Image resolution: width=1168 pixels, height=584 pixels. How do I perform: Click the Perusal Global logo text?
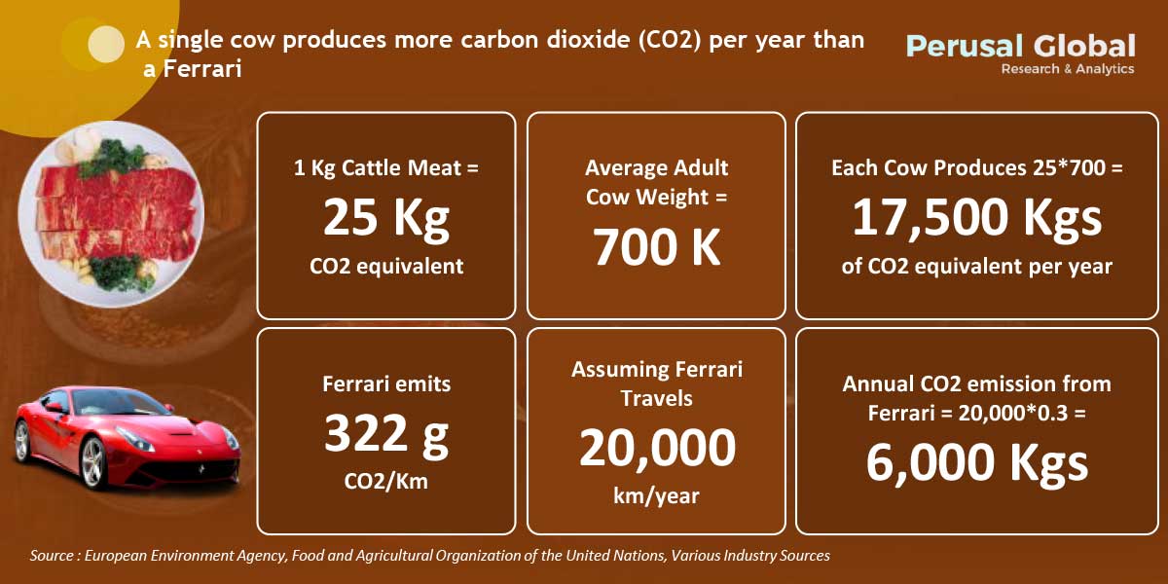click(1020, 46)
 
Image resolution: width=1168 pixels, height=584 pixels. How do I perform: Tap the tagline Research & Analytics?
click(1068, 69)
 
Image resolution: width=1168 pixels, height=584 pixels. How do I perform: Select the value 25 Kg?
click(385, 218)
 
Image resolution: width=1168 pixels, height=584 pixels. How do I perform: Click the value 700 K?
click(656, 247)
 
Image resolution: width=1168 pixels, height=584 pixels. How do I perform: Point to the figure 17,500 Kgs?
click(976, 218)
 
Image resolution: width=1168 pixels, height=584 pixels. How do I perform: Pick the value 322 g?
click(385, 434)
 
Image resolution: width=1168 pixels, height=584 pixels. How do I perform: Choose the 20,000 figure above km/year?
click(657, 448)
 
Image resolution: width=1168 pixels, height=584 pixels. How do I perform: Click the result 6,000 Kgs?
click(976, 463)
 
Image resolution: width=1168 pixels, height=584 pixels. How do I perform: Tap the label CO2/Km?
click(385, 481)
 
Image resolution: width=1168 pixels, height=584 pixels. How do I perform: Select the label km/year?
click(656, 495)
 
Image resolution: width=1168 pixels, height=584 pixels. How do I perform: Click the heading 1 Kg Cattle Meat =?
click(385, 167)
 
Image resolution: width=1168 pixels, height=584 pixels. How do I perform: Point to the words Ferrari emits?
click(385, 384)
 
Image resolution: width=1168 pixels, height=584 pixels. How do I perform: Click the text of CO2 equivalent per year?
click(976, 267)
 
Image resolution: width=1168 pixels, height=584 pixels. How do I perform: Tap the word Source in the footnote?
click(51, 556)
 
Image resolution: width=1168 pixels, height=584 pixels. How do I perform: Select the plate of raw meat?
click(111, 214)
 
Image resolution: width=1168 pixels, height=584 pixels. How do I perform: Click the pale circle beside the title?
click(106, 45)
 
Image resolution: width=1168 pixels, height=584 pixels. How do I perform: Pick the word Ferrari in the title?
click(202, 69)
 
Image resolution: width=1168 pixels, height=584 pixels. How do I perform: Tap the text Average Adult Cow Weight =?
click(656, 183)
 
